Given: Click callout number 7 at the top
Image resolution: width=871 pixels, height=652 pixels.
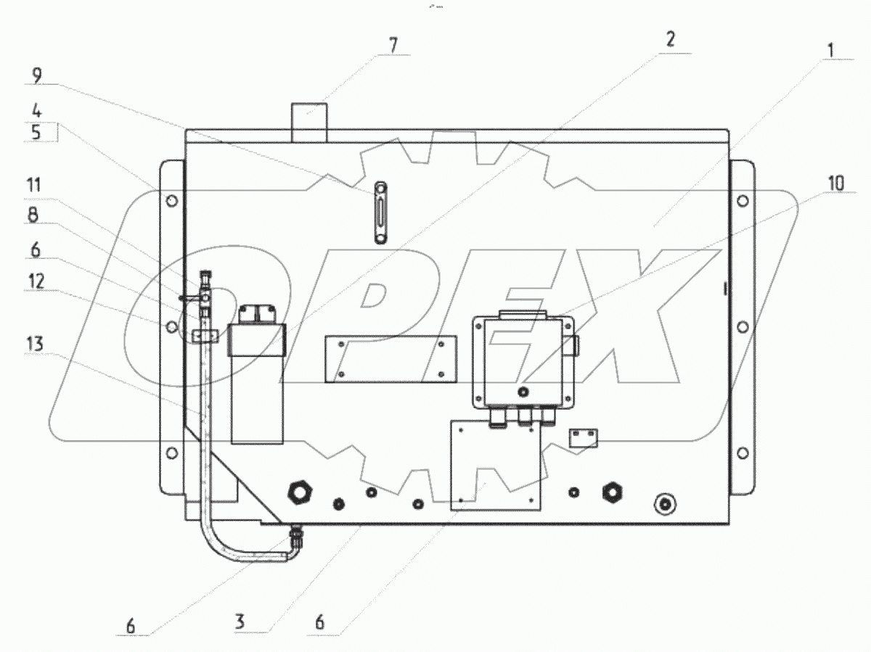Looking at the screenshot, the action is coord(393,45).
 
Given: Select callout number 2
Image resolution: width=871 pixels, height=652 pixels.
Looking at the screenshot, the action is coord(670,41).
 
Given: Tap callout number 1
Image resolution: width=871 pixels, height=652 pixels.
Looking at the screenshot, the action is coord(831,50).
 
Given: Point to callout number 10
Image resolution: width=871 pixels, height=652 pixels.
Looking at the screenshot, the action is coord(836,183).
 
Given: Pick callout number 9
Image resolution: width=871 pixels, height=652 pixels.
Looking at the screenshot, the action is coord(37,75).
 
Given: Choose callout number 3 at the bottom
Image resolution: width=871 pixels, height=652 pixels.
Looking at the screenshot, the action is coord(240,622).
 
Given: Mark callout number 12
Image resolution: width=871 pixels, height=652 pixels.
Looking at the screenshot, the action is coord(36,281).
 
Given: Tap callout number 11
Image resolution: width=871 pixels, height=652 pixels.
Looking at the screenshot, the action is coord(33,185).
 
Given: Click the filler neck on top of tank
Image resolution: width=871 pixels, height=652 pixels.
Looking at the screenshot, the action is coord(309,123).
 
